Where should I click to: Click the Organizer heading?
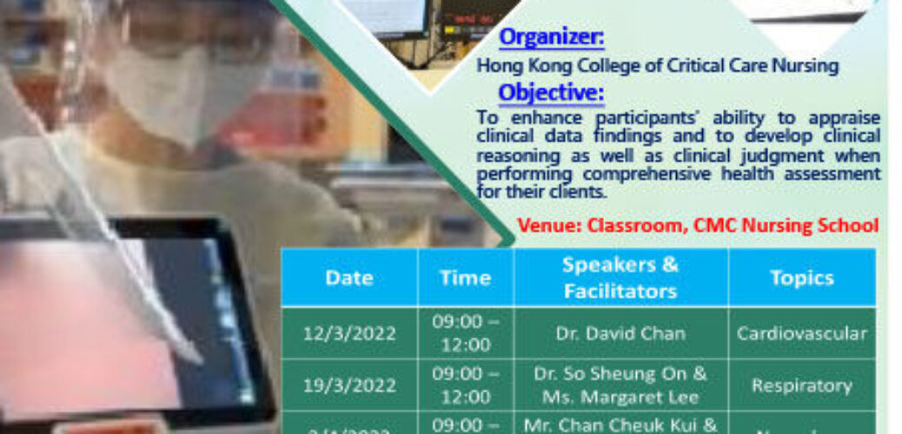[x=552, y=39]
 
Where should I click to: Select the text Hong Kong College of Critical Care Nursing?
[x=658, y=66]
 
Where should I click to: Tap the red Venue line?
[x=698, y=226]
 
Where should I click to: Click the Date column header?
[x=348, y=278]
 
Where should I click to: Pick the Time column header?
[x=465, y=278]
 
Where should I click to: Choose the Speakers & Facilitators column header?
[x=620, y=278]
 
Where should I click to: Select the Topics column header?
[x=801, y=278]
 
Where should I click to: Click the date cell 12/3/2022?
[x=348, y=333]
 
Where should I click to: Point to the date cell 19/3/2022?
[x=348, y=385]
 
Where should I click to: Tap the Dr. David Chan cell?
[x=620, y=333]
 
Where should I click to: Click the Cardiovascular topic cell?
[x=801, y=333]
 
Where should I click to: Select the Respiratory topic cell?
[x=801, y=385]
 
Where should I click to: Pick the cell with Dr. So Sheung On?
[x=620, y=374]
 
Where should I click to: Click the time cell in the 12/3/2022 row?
[x=465, y=333]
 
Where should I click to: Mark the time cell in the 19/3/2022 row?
[x=465, y=385]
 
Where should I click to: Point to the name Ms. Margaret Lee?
[x=620, y=396]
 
